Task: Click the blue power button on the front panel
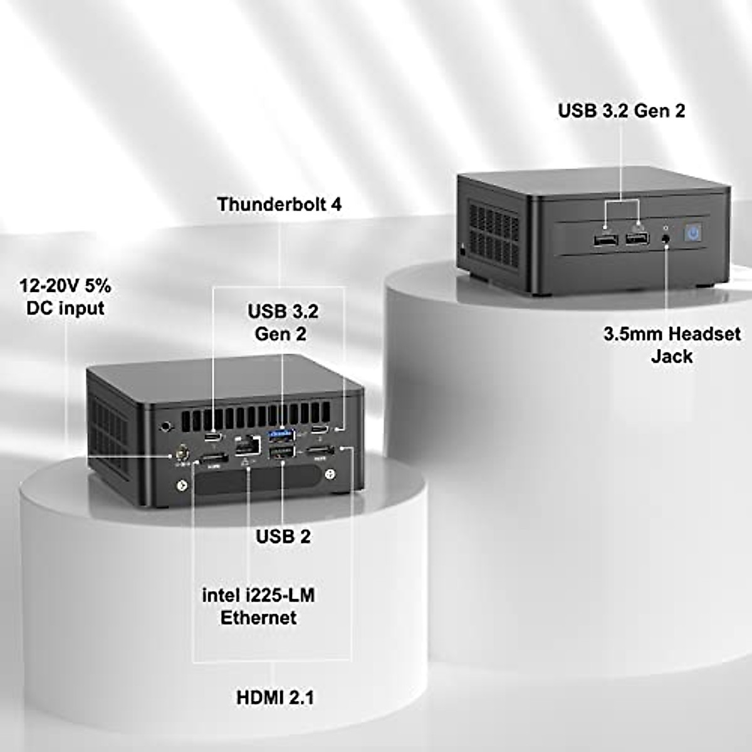pyautogui.click(x=692, y=234)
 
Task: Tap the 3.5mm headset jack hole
pyautogui.click(x=665, y=239)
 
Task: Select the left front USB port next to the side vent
pyautogui.click(x=605, y=240)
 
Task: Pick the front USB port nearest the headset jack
pyautogui.click(x=637, y=239)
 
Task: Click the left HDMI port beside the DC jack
pyautogui.click(x=214, y=460)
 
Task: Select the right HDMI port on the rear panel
pyautogui.click(x=320, y=453)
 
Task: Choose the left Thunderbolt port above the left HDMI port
pyautogui.click(x=215, y=436)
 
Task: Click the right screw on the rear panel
pyautogui.click(x=330, y=476)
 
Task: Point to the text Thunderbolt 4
pyautogui.click(x=279, y=204)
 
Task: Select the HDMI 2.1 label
pyautogui.click(x=275, y=697)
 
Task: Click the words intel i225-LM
pyautogui.click(x=258, y=595)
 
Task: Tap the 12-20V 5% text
pyautogui.click(x=65, y=286)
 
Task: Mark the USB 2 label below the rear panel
pyautogui.click(x=283, y=536)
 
